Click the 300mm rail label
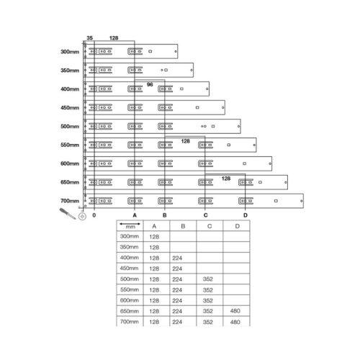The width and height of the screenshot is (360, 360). [70, 52]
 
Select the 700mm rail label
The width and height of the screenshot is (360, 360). [70, 201]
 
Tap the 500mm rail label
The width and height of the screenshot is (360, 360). [70, 126]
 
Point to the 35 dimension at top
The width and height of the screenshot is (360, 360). [89, 38]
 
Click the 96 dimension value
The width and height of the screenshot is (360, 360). [150, 84]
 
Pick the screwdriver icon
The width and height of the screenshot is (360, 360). [68, 213]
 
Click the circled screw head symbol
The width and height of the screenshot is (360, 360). [82, 217]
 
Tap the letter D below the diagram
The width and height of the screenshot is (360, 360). [246, 215]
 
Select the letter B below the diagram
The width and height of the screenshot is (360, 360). [165, 215]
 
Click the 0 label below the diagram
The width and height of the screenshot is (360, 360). [94, 215]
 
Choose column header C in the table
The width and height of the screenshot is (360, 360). [210, 226]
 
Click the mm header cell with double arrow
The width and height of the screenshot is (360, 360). [130, 225]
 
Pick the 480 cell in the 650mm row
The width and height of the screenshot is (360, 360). [235, 311]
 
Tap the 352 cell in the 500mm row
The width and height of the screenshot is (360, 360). [208, 279]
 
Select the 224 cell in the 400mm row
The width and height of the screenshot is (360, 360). [177, 258]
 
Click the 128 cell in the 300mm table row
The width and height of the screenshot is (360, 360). [154, 237]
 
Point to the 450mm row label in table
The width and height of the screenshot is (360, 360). [130, 269]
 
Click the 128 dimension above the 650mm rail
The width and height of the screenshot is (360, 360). [226, 179]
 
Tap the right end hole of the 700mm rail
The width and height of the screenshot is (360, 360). [302, 201]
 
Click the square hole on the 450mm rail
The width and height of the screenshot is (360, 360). [197, 107]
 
